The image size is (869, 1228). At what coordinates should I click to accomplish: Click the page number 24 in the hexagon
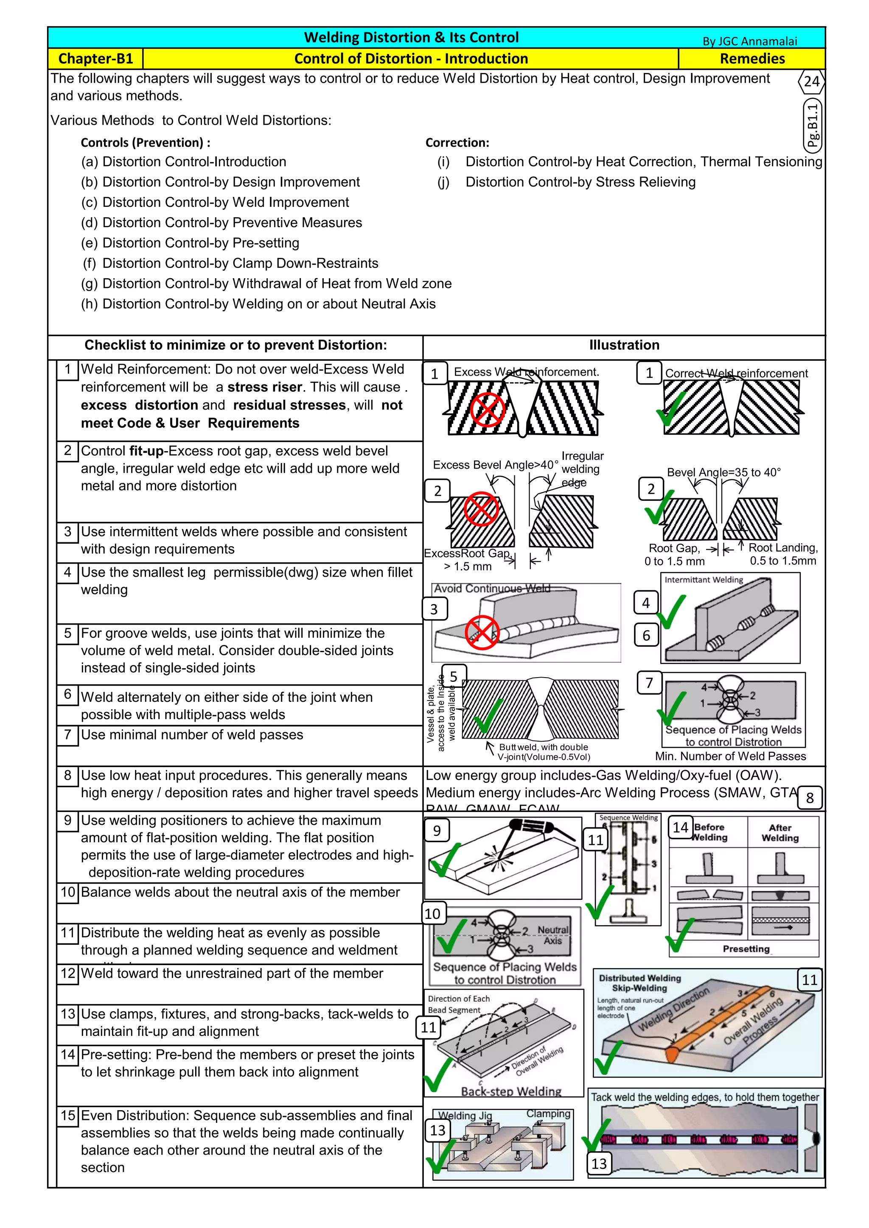pos(811,82)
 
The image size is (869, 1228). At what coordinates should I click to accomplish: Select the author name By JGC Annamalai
pos(749,41)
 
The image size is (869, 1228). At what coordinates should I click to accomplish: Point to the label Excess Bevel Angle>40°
pos(495,465)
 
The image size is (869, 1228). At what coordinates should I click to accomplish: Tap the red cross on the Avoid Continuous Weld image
pos(482,632)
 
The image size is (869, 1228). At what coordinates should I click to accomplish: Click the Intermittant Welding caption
pos(703,580)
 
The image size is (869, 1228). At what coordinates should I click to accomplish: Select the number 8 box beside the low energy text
pos(810,798)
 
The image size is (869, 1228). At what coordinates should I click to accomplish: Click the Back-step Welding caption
pos(511,1091)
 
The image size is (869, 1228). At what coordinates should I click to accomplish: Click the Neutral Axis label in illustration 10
pos(553,935)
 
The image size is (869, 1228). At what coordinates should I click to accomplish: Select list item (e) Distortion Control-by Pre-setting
pos(190,243)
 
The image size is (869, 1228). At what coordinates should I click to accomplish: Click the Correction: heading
pos(457,143)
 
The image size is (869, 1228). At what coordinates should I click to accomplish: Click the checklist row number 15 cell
pos(68,1115)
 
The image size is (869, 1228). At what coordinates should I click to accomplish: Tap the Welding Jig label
pos(465,1116)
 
